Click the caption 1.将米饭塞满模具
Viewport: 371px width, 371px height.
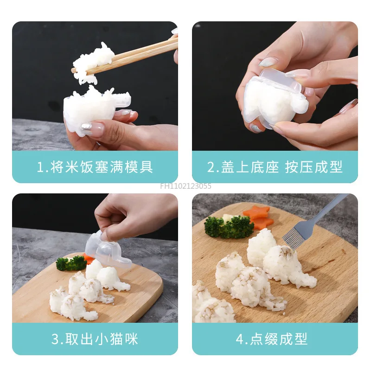[x=95, y=167]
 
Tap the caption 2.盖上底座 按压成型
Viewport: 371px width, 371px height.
[x=275, y=167]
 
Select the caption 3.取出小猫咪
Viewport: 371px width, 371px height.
[x=95, y=339]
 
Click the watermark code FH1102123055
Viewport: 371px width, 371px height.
[x=185, y=186]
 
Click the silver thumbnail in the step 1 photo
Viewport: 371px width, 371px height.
[x=86, y=128]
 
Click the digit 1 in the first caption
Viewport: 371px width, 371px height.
[x=39, y=167]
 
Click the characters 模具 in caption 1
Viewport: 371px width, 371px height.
[x=141, y=167]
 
